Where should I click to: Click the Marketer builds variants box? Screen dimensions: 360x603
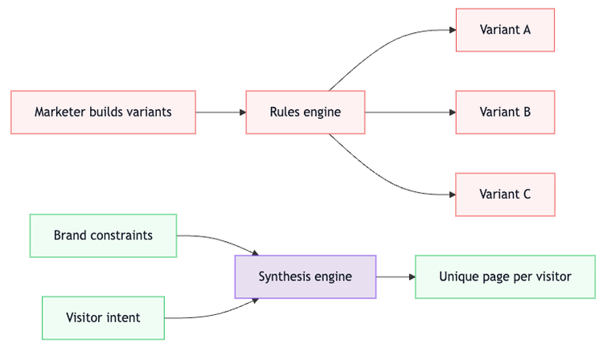(x=103, y=112)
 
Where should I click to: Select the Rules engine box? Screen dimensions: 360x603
(x=305, y=112)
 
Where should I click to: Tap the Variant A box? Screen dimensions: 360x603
(x=505, y=30)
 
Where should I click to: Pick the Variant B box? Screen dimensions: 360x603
(x=505, y=112)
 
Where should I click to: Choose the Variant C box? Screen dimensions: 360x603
(x=505, y=194)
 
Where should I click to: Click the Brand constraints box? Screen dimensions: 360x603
(x=103, y=235)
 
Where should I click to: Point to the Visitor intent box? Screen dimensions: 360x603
(x=103, y=317)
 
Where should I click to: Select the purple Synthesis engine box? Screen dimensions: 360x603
(x=305, y=276)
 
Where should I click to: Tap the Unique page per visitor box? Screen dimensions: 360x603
(x=505, y=276)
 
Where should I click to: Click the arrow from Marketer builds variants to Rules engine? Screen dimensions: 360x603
(x=220, y=112)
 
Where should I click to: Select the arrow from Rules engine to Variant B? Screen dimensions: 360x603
(x=410, y=112)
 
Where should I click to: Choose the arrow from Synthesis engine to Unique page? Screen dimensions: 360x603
(x=396, y=276)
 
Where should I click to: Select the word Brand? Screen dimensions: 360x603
(x=70, y=235)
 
